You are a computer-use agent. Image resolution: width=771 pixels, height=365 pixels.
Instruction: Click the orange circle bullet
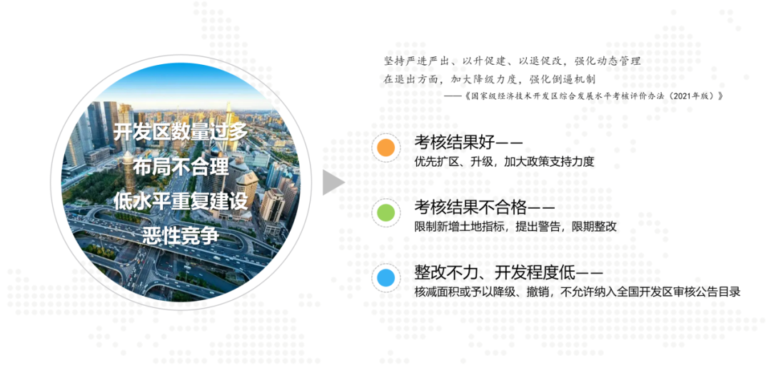[385, 148]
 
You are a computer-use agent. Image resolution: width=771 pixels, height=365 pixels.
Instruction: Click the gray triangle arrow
[333, 182]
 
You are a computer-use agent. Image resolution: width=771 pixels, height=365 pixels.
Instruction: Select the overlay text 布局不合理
[181, 167]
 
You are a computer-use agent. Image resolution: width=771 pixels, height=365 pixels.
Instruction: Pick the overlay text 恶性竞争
[181, 236]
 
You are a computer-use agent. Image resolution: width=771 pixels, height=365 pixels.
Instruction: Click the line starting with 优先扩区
[505, 162]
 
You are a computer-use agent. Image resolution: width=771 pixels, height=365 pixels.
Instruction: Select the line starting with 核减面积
[578, 292]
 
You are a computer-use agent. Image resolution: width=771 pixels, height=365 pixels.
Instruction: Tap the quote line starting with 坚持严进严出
[513, 61]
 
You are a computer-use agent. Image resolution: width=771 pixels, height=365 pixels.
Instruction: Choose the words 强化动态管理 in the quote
[606, 61]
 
